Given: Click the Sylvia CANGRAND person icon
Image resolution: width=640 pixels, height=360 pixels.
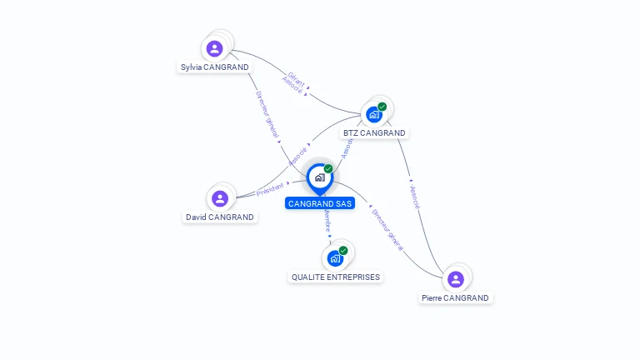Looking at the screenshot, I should click(215, 48).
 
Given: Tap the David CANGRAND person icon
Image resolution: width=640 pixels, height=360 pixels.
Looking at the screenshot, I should click(220, 197).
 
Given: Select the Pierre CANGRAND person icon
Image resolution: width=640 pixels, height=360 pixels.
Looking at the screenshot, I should click(455, 279).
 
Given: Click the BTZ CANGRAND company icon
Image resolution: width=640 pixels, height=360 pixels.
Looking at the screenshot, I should click(374, 114).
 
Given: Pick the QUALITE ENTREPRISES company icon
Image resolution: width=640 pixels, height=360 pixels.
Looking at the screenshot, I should click(335, 258).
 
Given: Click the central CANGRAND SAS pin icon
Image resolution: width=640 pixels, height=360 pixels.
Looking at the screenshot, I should click(319, 177).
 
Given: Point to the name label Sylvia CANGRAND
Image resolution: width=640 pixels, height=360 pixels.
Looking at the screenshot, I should click(215, 67).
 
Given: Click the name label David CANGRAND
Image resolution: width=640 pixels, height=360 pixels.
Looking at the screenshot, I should click(220, 217).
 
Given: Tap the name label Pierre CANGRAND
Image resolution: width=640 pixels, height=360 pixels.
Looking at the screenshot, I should click(455, 297).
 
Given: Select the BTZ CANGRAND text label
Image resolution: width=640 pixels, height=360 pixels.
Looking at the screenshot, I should click(374, 132).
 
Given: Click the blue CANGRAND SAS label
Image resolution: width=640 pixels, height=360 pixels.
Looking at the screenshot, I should click(319, 203).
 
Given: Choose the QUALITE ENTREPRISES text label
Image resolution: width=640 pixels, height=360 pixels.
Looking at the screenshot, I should click(335, 277).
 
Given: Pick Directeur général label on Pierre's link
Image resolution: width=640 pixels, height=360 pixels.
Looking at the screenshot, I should click(388, 229).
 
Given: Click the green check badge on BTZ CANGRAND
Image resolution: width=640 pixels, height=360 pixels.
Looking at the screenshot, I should click(382, 107).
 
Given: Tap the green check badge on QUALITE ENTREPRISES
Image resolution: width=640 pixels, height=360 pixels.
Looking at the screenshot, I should click(342, 251).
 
